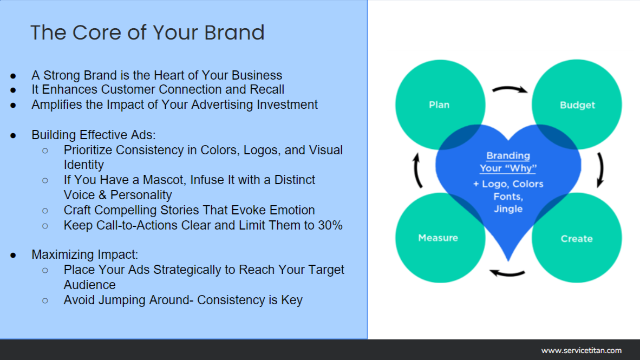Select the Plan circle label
coord(439,105)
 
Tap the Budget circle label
coord(577,106)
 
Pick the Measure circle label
coord(438,238)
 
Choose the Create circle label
coord(577,239)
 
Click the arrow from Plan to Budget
coord(509,89)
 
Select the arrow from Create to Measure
coord(507,272)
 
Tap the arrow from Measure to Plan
coord(416,170)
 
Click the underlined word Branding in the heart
coord(508,156)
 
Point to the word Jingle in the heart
coord(508,209)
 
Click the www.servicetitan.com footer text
coord(581,350)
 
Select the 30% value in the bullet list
coord(330,225)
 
